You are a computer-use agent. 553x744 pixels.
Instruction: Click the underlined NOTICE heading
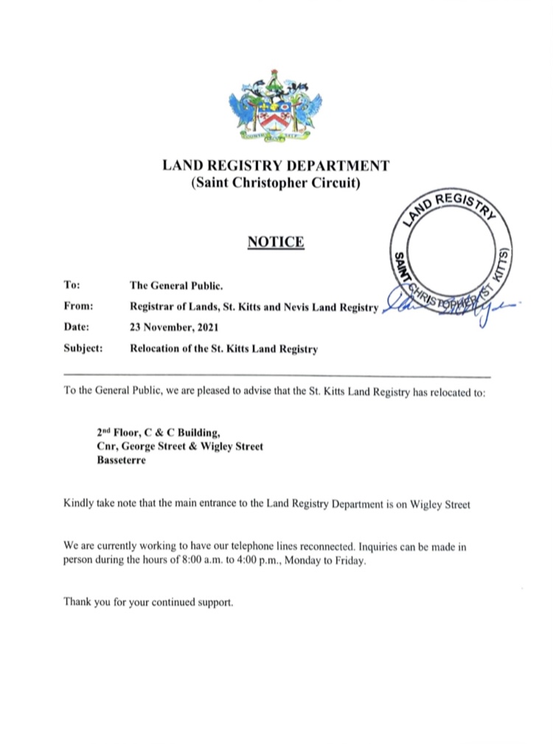(275, 241)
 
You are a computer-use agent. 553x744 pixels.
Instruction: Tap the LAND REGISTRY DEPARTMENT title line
(275, 165)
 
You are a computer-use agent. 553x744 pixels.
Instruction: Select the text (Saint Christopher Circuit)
(275, 182)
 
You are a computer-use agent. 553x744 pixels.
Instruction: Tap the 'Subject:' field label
(83, 348)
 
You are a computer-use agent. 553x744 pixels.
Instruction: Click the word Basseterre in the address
(122, 460)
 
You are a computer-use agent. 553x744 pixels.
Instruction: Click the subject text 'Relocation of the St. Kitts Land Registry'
(223, 349)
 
